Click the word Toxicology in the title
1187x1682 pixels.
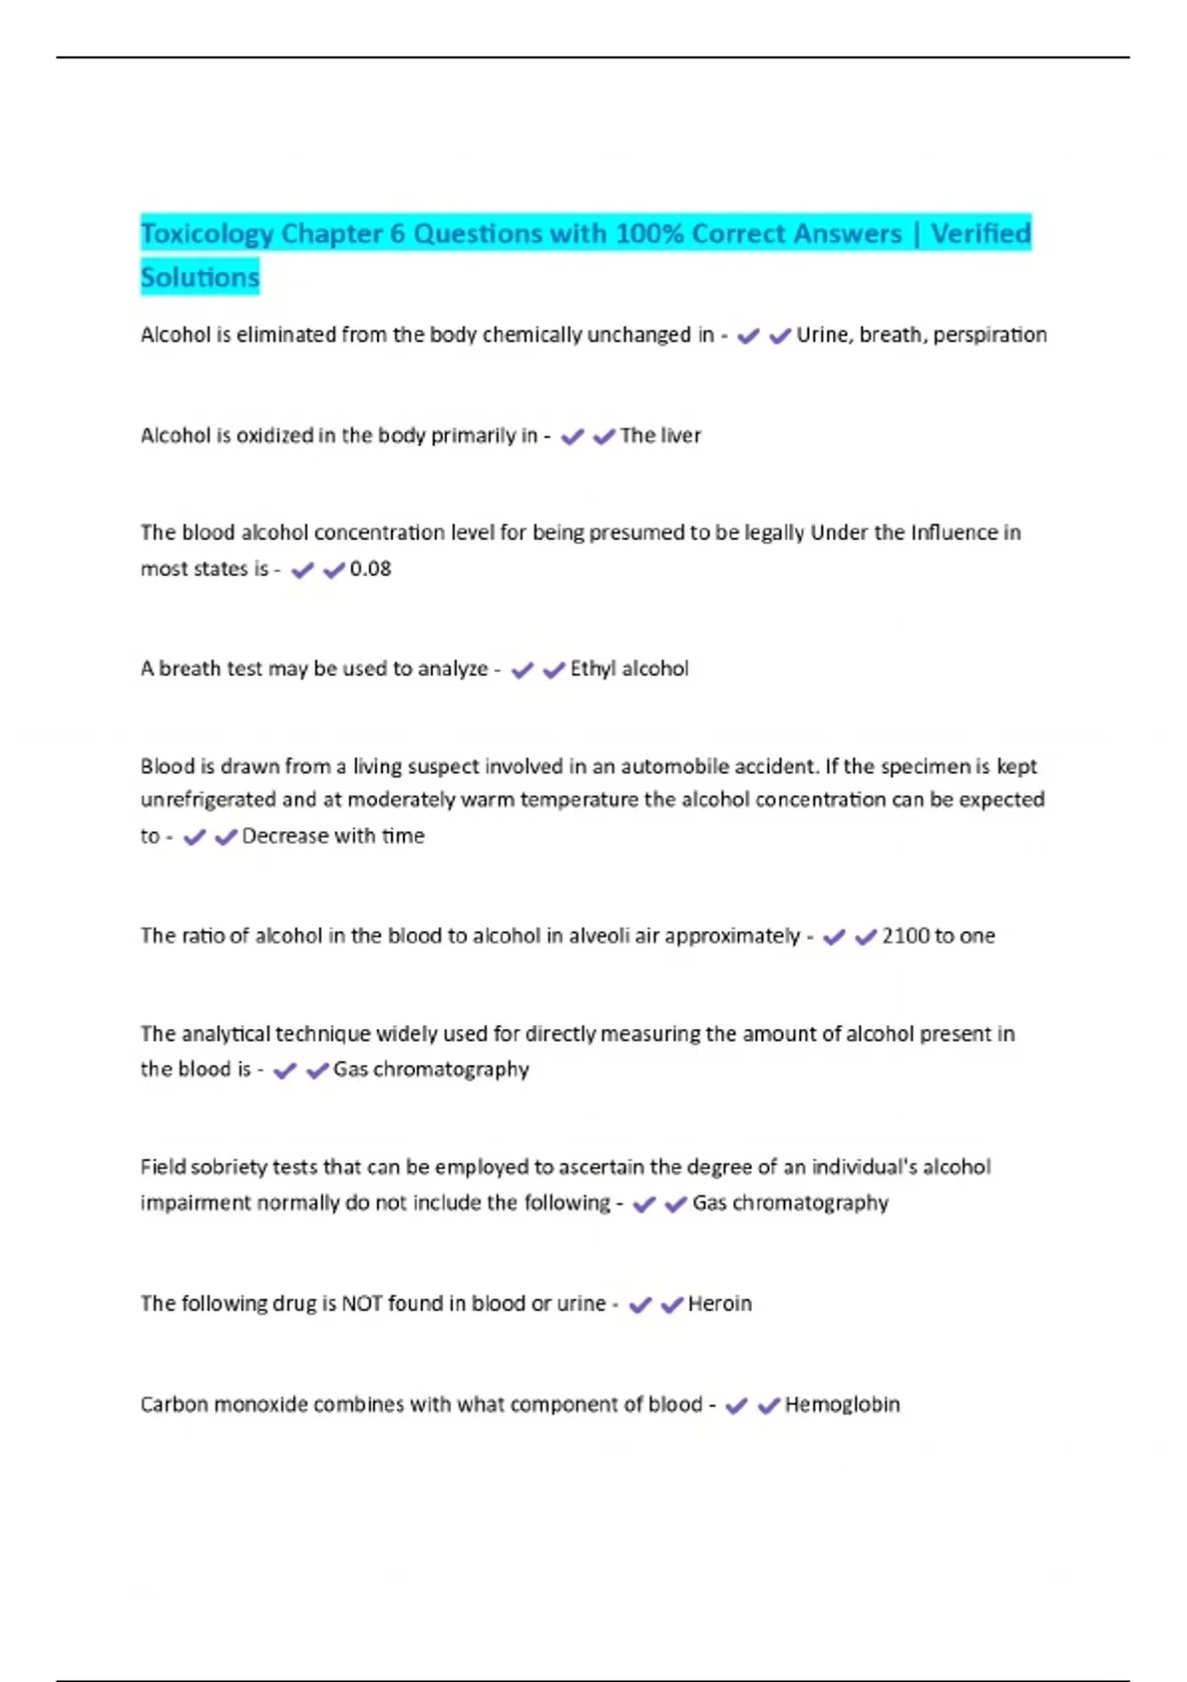(x=207, y=234)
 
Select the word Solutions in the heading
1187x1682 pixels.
(x=200, y=277)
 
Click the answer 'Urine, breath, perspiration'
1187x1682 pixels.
(x=921, y=335)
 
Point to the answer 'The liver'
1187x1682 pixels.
(x=660, y=435)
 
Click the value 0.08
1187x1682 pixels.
(x=370, y=569)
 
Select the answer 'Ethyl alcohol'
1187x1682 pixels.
(x=629, y=669)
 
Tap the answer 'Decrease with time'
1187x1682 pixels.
(x=332, y=836)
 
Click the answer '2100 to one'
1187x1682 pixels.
(x=938, y=936)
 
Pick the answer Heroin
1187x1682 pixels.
(x=719, y=1304)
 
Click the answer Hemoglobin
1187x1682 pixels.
(x=842, y=1405)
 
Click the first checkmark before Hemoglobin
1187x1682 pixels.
(x=736, y=1406)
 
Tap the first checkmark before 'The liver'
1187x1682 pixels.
(x=572, y=436)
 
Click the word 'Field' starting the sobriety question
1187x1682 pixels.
(x=161, y=1168)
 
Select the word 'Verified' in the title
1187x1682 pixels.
(x=980, y=234)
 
